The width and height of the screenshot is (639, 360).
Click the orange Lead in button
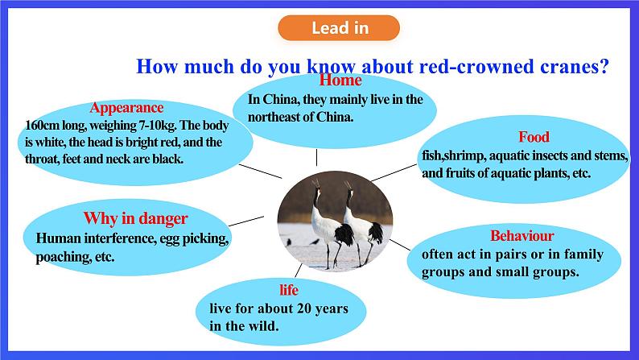(x=339, y=27)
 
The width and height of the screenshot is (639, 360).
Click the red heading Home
(x=340, y=80)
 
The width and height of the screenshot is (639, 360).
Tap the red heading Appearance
(x=126, y=108)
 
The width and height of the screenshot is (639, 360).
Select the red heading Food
(x=534, y=137)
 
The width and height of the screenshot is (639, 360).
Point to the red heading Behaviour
(x=522, y=236)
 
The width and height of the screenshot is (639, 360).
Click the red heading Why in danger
(x=135, y=218)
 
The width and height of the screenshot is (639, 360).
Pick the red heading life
(x=289, y=290)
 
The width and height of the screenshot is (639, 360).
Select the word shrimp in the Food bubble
(x=464, y=155)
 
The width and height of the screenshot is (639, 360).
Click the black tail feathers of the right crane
(x=375, y=233)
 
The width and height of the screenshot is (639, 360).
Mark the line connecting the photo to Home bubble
(x=316, y=157)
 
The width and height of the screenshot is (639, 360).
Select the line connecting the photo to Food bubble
(x=394, y=172)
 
